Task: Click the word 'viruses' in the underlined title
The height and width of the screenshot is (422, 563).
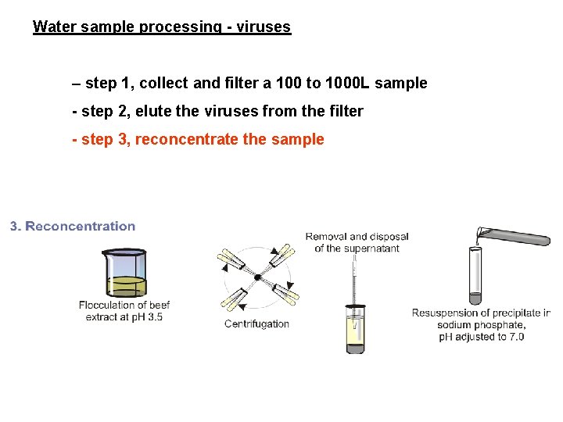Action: pos(264,27)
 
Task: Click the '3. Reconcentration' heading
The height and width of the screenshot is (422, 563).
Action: pos(73,227)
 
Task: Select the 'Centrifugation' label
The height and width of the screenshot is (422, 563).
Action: pos(256,324)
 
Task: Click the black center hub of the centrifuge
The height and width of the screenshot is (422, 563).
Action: pos(256,277)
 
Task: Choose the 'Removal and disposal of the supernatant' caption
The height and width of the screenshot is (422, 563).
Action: pos(357,242)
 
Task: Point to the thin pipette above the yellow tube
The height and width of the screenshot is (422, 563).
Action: pos(354,277)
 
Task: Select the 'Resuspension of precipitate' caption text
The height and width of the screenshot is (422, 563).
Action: pos(481,313)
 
